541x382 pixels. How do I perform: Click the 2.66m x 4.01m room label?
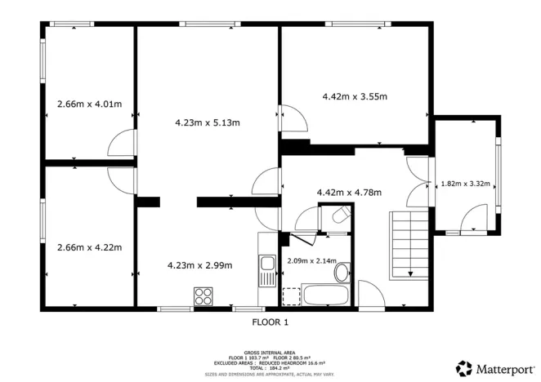click(x=89, y=104)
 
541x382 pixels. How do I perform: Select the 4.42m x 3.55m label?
click(x=353, y=96)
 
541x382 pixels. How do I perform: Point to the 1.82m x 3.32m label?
click(x=465, y=184)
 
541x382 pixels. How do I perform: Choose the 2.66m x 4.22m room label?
click(x=89, y=247)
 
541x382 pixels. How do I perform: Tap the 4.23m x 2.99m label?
click(x=199, y=264)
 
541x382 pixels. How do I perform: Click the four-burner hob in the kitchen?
click(x=203, y=295)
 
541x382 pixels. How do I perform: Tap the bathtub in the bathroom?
click(x=326, y=295)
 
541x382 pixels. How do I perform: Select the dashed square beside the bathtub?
click(x=290, y=295)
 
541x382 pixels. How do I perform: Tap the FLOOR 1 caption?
click(x=270, y=322)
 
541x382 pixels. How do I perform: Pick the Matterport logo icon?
click(x=464, y=367)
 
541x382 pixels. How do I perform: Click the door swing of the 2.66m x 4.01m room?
click(x=121, y=144)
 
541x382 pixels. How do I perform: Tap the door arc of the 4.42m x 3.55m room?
click(x=293, y=119)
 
